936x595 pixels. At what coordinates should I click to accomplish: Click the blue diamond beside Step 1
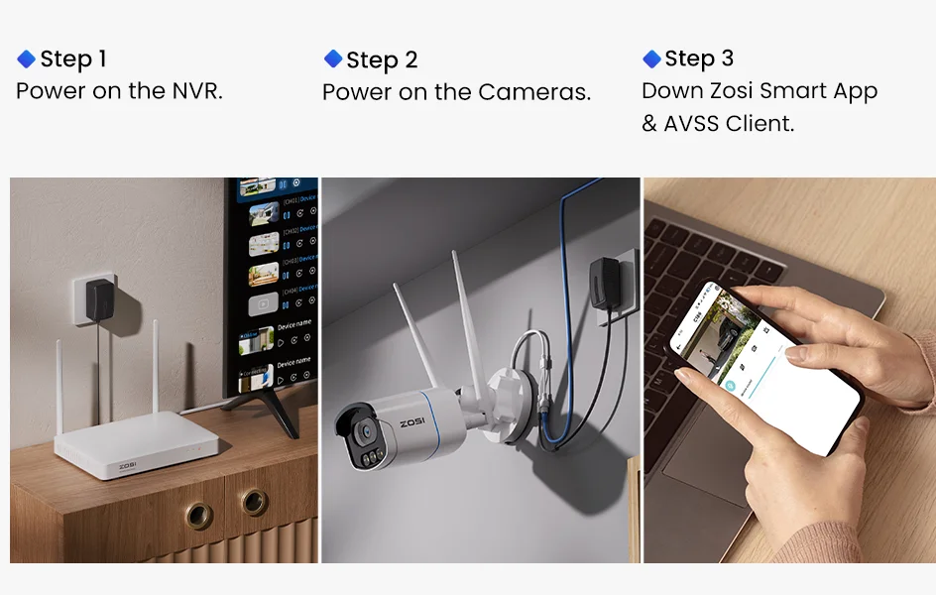point(27,59)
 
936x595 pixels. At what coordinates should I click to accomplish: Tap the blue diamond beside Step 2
point(333,59)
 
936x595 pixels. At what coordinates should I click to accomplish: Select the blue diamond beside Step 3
point(651,59)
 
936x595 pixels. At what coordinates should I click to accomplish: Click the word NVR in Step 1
point(194,91)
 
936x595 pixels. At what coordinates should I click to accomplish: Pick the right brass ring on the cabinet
point(254,503)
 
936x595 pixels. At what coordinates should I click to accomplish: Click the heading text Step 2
point(382,59)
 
